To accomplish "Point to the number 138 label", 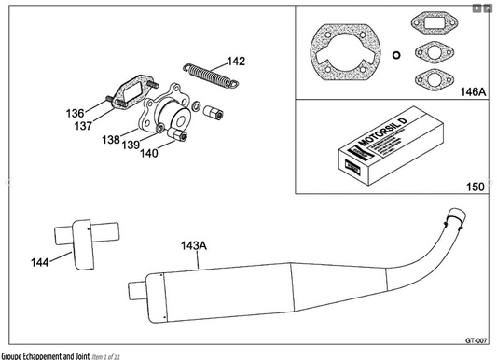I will click(x=111, y=139).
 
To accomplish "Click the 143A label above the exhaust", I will click(x=193, y=246).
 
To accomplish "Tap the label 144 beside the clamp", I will click(x=41, y=263).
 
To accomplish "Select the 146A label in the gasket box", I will click(x=473, y=92).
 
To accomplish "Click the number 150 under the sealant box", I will click(x=476, y=187).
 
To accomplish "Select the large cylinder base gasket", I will click(x=345, y=53).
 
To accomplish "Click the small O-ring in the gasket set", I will click(x=395, y=53).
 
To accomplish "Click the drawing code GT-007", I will click(x=477, y=339).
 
